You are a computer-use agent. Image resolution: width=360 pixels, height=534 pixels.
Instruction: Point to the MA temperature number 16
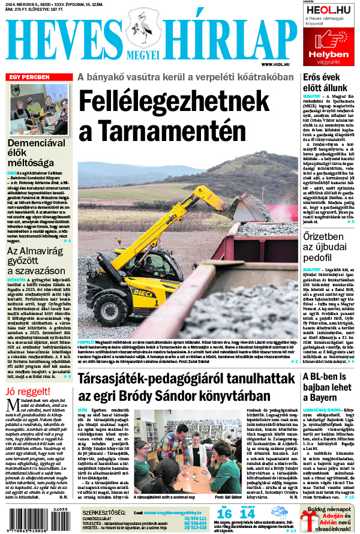click(224, 514)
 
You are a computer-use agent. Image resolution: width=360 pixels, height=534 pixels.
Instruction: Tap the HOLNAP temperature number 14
click(247, 514)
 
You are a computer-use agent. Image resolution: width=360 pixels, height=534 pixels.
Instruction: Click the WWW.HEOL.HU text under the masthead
click(275, 64)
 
